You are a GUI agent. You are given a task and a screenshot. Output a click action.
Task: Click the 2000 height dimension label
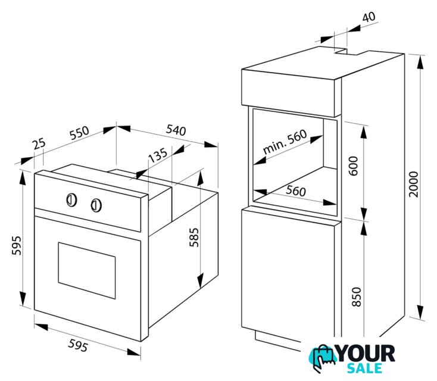pos(414,184)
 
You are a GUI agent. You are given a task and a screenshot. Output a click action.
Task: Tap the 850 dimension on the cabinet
pos(357,297)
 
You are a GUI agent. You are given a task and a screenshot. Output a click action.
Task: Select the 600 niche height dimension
pos(354,166)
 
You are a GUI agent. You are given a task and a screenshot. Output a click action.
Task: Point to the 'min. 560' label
pos(285,142)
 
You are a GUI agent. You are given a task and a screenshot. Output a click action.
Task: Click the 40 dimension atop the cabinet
pos(369,17)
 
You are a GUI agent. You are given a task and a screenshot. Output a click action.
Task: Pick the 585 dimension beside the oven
pos(194,238)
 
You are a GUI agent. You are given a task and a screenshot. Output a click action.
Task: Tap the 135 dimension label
pos(158,155)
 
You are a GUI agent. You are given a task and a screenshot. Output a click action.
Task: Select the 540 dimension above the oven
pos(176,130)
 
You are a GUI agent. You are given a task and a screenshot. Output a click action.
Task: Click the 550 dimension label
pos(79,133)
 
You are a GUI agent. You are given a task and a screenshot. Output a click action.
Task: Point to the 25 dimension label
pos(39,143)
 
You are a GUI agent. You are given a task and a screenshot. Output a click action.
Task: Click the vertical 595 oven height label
pos(17,245)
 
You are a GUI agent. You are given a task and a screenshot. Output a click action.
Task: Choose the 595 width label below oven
pos(78,345)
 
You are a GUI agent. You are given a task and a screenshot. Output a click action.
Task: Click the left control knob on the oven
pos(71,200)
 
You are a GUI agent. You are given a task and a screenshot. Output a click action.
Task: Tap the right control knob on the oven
pos(96,205)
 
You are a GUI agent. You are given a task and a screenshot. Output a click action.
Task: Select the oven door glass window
pos(87,270)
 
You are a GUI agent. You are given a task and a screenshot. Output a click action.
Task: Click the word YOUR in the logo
pos(366,354)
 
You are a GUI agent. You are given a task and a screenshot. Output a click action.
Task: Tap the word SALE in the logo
pos(364,368)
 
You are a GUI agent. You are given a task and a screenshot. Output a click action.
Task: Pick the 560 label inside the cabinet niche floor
pos(296,191)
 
